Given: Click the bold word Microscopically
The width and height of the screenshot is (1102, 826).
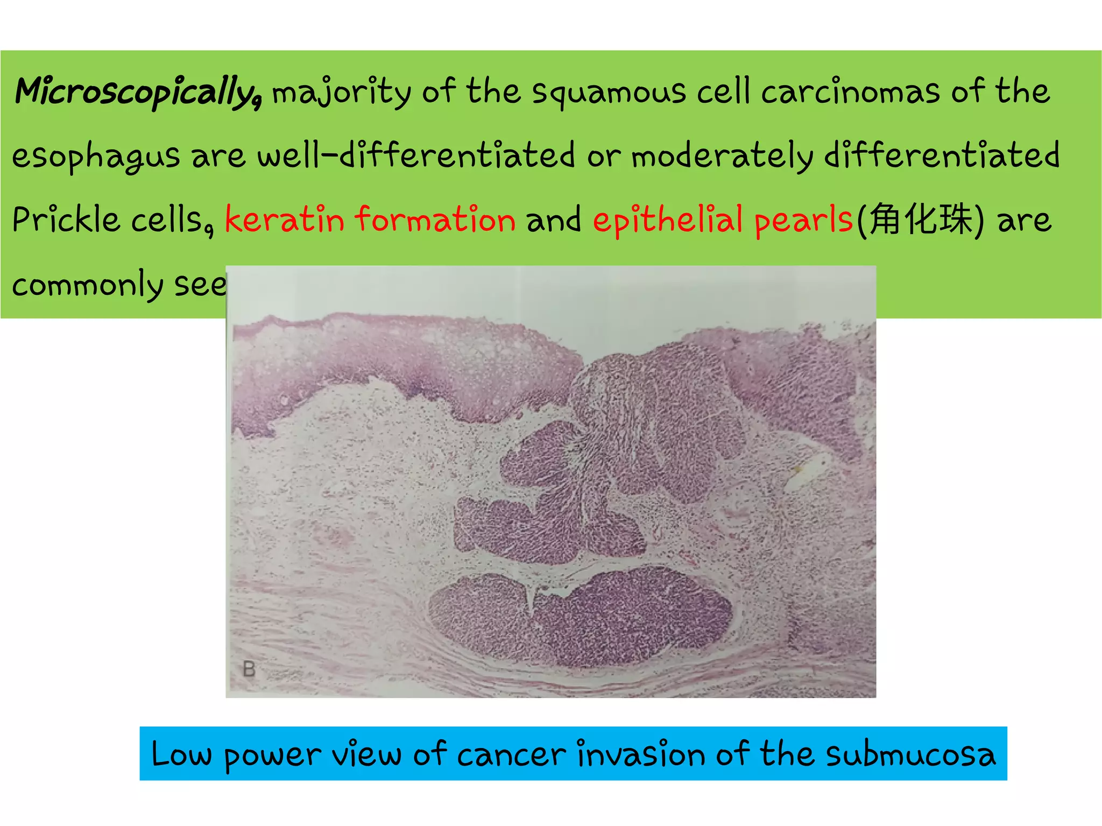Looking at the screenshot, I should pyautogui.click(x=138, y=91).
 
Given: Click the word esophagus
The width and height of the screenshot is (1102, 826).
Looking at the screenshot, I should pyautogui.click(x=96, y=157).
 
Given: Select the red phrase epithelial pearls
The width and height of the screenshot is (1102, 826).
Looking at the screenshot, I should pyautogui.click(x=723, y=221).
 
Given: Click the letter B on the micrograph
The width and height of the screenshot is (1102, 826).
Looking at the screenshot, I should pyautogui.click(x=249, y=669).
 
